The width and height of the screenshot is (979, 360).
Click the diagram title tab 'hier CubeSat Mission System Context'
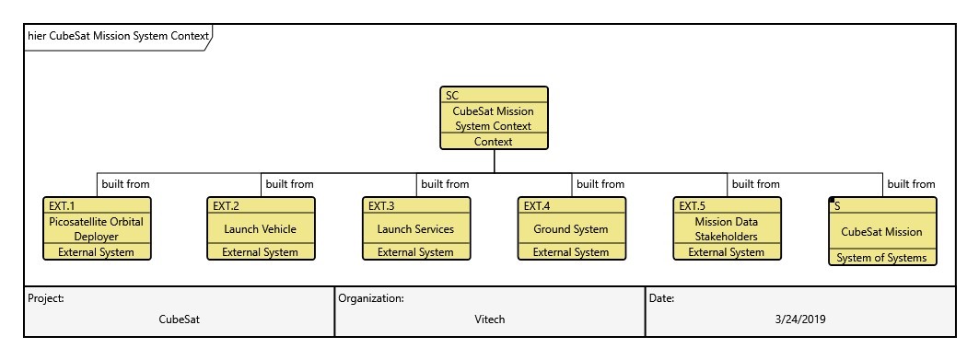pos(118,37)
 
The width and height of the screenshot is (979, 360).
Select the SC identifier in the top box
pos(452,95)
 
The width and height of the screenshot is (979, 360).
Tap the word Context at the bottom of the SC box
pos(493,142)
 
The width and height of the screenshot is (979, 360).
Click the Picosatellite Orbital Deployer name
pos(96,229)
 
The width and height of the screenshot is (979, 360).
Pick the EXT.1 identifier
pos(62,206)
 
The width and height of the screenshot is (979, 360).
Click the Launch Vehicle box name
pos(260,229)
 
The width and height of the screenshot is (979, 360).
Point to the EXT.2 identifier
pos(227,206)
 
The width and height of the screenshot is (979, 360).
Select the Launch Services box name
pos(415,229)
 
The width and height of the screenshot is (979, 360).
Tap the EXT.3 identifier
pos(381,206)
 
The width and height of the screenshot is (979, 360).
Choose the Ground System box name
pos(570,229)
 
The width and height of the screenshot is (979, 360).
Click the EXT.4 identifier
pos(537,206)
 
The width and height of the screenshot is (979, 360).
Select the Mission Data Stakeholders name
pos(726,229)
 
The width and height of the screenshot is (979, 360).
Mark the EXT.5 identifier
pos(693,206)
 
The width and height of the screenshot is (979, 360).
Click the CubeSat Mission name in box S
pos(881,232)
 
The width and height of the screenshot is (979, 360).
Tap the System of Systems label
pos(881,258)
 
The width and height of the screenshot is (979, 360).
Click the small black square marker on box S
pos(832,200)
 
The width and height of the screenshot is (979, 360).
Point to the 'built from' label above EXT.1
pos(126,184)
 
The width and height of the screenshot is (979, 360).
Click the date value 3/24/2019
pos(800,319)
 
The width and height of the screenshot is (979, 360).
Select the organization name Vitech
pos(489,319)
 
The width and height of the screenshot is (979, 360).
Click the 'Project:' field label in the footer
pos(45,298)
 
